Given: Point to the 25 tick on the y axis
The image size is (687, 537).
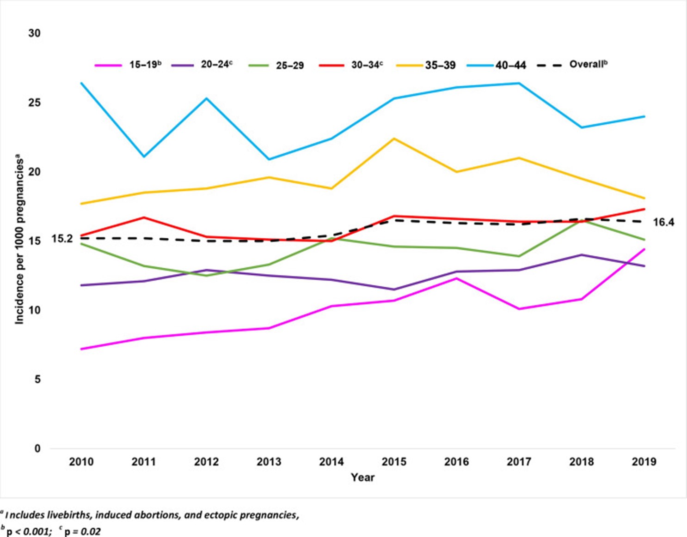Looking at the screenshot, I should (34, 102).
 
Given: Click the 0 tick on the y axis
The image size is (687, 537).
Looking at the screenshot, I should (37, 448).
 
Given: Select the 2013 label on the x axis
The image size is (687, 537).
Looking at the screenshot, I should (269, 462).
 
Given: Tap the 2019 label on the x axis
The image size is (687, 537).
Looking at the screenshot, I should (644, 462).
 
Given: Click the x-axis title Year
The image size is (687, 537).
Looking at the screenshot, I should (362, 477).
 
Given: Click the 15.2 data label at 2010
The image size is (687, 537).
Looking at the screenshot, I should (62, 239).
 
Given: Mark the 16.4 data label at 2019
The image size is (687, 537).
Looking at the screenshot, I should (663, 223).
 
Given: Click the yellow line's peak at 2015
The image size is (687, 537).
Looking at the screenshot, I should (394, 139).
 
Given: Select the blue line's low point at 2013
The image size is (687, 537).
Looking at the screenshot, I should (269, 159).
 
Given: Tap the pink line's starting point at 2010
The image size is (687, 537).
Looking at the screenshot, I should (81, 349).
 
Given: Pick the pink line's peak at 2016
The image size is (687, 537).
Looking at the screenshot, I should (457, 278).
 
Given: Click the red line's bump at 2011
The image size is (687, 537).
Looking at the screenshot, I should (144, 217).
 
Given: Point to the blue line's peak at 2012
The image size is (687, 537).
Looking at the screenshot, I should (207, 98).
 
